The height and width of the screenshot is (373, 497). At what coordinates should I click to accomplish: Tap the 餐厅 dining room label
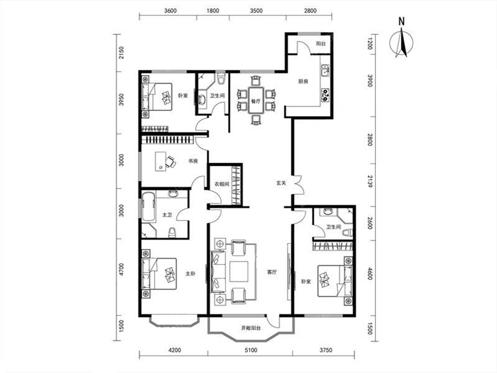[255, 102]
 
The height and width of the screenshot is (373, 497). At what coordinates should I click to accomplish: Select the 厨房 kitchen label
[303, 81]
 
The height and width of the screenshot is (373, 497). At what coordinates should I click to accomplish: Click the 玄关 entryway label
[281, 183]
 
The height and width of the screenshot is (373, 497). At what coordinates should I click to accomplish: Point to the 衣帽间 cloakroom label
[222, 184]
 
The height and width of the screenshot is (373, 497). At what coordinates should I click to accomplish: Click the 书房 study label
[193, 161]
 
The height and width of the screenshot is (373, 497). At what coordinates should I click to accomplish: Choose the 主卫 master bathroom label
[167, 215]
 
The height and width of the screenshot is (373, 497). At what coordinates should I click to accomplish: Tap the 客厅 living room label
[272, 272]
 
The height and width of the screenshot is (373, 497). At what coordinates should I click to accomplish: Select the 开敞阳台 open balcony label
[251, 328]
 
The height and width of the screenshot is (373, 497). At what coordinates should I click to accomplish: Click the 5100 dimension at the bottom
[251, 350]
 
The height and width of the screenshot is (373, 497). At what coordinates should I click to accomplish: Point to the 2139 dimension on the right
[370, 182]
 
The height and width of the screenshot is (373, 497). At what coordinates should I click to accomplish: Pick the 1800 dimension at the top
[213, 11]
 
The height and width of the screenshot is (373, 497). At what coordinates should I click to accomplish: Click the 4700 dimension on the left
[121, 270]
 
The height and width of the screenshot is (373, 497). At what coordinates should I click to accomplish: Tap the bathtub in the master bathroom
[148, 207]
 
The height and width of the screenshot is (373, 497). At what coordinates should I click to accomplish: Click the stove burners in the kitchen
[326, 94]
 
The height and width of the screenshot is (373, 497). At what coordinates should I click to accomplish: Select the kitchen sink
[326, 71]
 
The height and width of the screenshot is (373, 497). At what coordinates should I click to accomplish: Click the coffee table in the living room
[239, 272]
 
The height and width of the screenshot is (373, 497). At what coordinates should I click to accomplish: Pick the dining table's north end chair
[255, 81]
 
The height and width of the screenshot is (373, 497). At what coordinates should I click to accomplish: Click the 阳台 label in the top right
[321, 44]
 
